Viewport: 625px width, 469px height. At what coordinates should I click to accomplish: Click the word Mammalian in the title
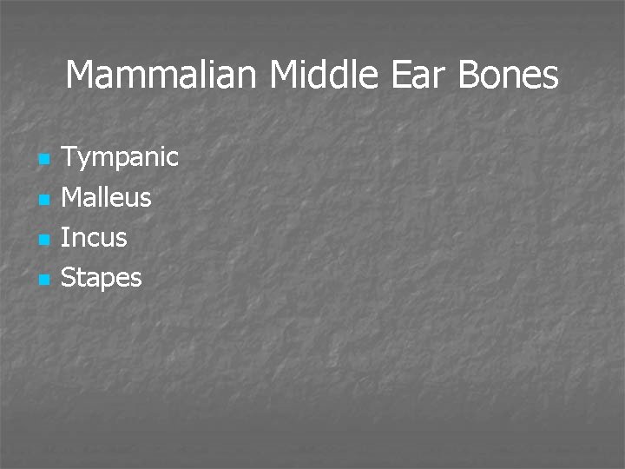(163, 76)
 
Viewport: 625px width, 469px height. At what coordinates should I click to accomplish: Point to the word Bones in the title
(507, 76)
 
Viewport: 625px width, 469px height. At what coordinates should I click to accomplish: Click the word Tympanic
(121, 158)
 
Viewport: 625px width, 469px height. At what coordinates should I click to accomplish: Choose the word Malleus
(107, 198)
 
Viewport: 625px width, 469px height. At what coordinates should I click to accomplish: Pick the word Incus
(94, 238)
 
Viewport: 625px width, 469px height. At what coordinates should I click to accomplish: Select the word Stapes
(102, 279)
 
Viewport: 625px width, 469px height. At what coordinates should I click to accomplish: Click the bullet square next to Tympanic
(43, 161)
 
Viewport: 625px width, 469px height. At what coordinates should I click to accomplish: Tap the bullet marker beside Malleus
(43, 201)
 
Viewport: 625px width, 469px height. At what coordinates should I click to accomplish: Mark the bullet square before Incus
(43, 241)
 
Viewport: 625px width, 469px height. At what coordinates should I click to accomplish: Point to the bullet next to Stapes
(43, 281)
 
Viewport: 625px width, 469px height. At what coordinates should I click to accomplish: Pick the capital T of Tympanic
(69, 157)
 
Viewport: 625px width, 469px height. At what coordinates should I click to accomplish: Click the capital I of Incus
(65, 237)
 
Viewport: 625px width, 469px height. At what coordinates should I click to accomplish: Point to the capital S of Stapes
(69, 278)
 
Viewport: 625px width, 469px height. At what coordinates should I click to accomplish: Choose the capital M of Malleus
(73, 197)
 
